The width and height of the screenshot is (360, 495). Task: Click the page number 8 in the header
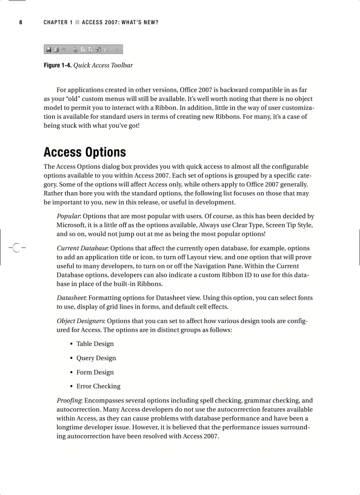point(20,22)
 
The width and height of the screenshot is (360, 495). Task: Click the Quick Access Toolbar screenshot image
point(83,49)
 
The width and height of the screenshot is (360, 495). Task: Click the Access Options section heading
point(85,153)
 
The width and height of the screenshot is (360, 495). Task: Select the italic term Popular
point(68,216)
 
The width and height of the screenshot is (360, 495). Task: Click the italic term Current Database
point(82,248)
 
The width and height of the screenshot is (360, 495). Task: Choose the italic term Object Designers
point(80,321)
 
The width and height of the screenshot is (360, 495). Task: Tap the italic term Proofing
point(69,401)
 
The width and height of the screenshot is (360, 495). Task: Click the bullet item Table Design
point(95,344)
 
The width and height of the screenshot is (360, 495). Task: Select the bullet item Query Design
point(96,358)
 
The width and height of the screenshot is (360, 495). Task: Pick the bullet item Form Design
point(95,372)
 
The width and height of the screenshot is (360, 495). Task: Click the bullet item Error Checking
point(98,387)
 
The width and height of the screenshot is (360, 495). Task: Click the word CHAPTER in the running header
point(55,22)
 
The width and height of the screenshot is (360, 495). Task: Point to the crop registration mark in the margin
point(16,248)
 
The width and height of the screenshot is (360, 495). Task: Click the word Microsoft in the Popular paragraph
point(72,225)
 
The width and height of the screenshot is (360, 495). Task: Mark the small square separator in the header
point(77,22)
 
